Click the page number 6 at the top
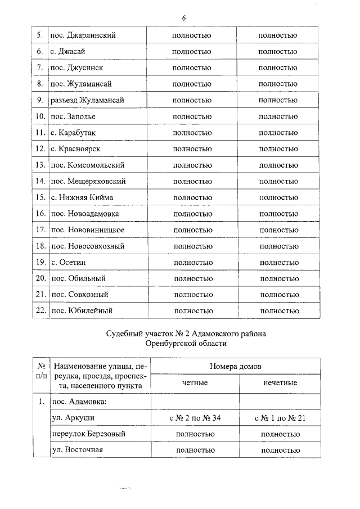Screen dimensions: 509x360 (x=183, y=18)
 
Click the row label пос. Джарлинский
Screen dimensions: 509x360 (x=83, y=35)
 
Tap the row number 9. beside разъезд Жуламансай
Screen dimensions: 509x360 (x=40, y=100)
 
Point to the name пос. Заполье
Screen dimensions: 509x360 (x=73, y=116)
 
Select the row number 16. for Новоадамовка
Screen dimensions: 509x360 (x=40, y=214)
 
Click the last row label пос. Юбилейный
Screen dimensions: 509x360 (x=82, y=310)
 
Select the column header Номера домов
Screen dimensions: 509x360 (x=235, y=366)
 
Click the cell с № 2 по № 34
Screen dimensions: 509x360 (x=195, y=418)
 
